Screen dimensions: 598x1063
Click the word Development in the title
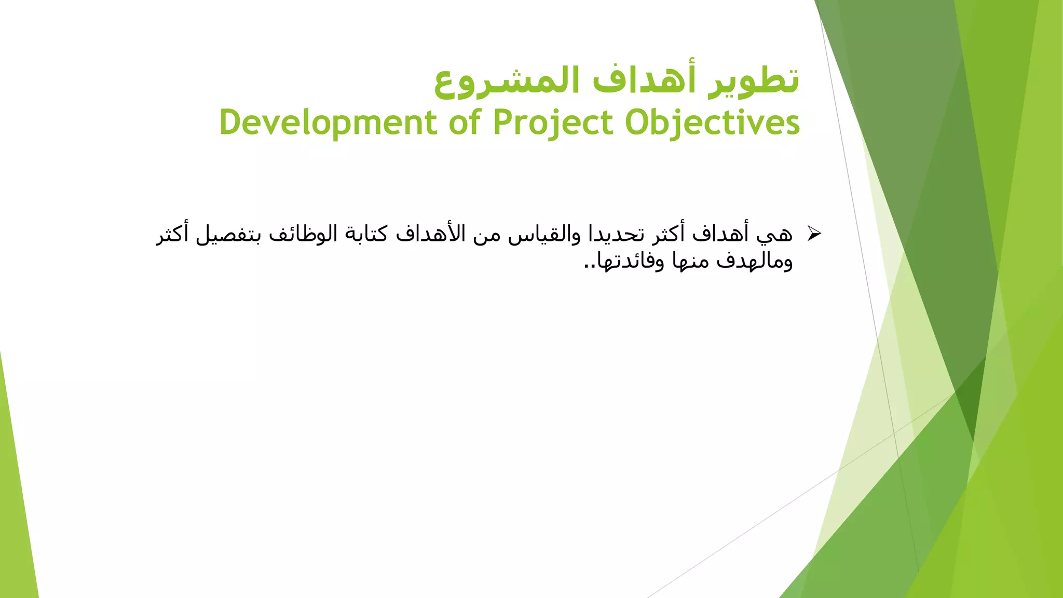tap(328, 123)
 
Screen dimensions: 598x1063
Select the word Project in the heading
tap(553, 123)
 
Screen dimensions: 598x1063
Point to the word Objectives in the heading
tap(712, 123)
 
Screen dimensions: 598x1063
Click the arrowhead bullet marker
tap(814, 234)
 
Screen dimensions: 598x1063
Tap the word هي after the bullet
tap(774, 235)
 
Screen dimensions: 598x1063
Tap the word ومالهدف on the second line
tap(755, 261)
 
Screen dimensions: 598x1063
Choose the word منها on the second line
tap(690, 261)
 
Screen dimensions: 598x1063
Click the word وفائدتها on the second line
tap(631, 261)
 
